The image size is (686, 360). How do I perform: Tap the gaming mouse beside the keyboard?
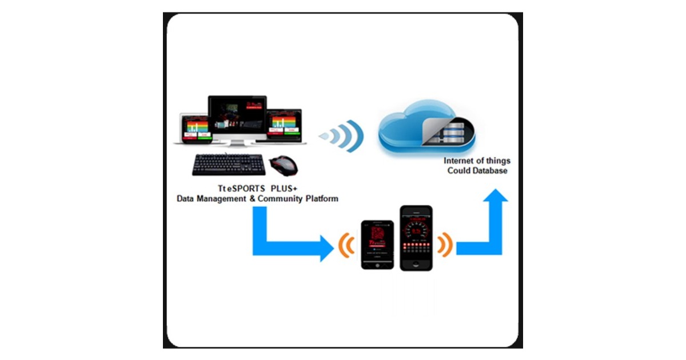[x=285, y=166]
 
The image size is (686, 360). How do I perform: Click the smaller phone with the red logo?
[x=377, y=245]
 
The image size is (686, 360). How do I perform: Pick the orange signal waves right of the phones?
[x=444, y=244]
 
